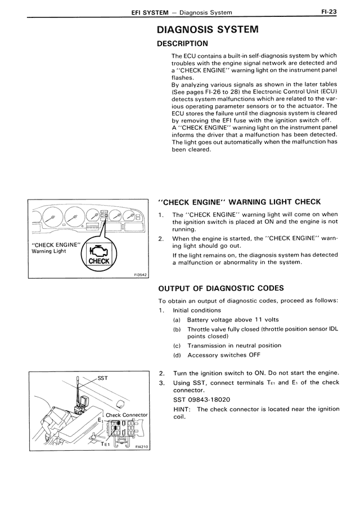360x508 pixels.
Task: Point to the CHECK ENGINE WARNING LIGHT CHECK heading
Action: [x=240, y=202]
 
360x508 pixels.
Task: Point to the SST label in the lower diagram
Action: [x=103, y=378]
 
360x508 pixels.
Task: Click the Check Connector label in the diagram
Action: [x=127, y=415]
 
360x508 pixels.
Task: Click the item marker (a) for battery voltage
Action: [x=177, y=320]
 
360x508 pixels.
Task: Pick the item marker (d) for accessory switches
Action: [x=177, y=355]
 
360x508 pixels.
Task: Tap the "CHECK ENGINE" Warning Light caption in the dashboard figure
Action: [x=56, y=248]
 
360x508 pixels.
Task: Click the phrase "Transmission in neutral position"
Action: [x=234, y=346]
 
